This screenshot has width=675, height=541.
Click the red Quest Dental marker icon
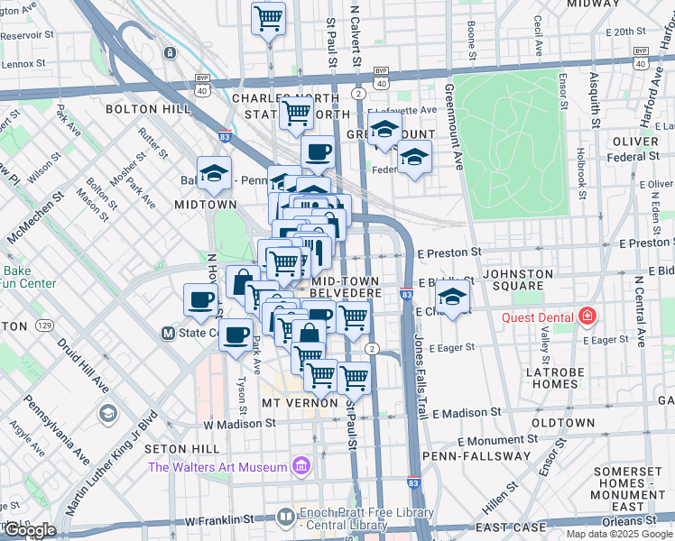[587, 316]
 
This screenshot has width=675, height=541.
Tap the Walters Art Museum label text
[218, 466]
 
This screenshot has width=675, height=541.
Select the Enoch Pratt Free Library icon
[286, 516]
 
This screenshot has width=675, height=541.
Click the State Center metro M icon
[166, 332]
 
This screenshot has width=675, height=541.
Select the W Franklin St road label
[220, 520]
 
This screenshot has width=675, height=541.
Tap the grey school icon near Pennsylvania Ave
[108, 413]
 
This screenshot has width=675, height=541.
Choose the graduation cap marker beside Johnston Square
[455, 297]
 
